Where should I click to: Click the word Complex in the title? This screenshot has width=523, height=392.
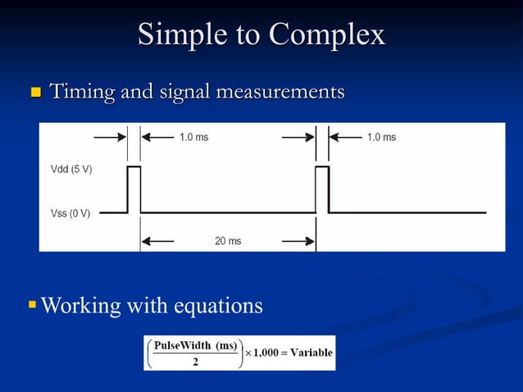(x=326, y=34)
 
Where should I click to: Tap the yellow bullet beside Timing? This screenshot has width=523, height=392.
(x=35, y=92)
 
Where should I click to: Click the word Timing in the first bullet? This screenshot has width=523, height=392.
(x=82, y=92)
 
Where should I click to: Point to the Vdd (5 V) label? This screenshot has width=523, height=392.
(x=71, y=168)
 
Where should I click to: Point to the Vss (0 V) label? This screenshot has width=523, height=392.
(x=70, y=213)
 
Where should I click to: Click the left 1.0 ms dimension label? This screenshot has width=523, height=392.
(x=193, y=137)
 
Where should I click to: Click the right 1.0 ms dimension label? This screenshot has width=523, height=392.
(x=381, y=137)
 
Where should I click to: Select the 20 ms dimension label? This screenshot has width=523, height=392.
(x=228, y=241)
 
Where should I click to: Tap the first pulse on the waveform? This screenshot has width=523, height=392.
(x=134, y=189)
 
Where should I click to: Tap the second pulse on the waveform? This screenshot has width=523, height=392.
(x=322, y=189)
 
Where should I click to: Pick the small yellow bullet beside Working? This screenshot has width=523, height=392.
(x=32, y=305)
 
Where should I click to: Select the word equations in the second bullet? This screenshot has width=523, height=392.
(x=218, y=306)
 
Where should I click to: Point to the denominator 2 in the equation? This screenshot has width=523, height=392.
(x=194, y=362)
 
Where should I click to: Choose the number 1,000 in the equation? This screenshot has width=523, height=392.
(x=267, y=353)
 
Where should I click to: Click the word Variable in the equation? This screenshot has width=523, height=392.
(x=312, y=353)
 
